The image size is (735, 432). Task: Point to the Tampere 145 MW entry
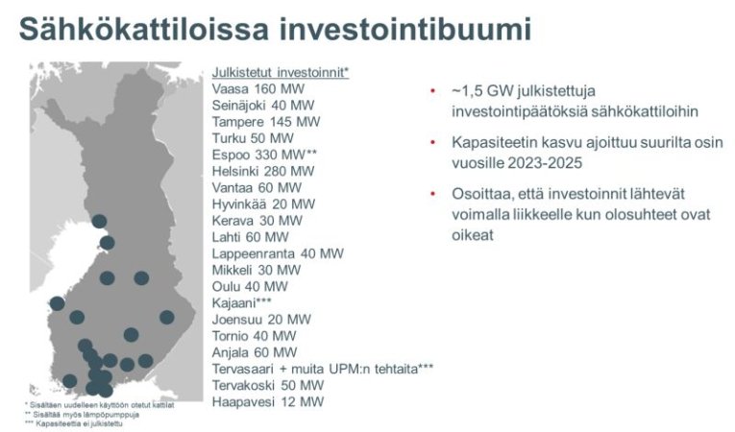click(266, 122)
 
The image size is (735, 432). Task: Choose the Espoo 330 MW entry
click(264, 155)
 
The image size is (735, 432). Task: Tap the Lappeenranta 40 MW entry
click(278, 253)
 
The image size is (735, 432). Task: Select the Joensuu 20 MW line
click(261, 319)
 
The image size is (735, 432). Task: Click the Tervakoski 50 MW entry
click(268, 385)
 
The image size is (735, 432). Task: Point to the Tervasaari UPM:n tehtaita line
click(322, 369)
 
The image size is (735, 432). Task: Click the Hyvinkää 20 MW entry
click(263, 204)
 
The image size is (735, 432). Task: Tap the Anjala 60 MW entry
click(255, 352)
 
